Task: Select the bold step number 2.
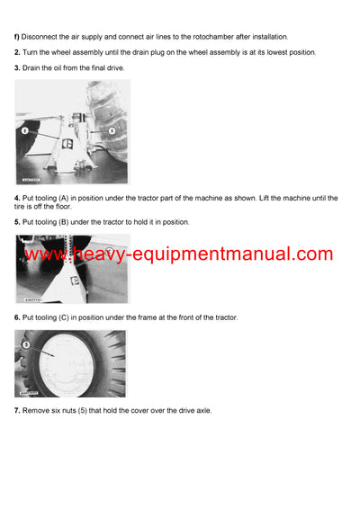pos(16,53)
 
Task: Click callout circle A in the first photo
pos(112,130)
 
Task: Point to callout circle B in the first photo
pos(27,130)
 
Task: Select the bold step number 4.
pos(16,198)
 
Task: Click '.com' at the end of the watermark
pos(310,254)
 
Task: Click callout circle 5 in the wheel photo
pos(26,344)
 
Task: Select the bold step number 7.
pos(16,411)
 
